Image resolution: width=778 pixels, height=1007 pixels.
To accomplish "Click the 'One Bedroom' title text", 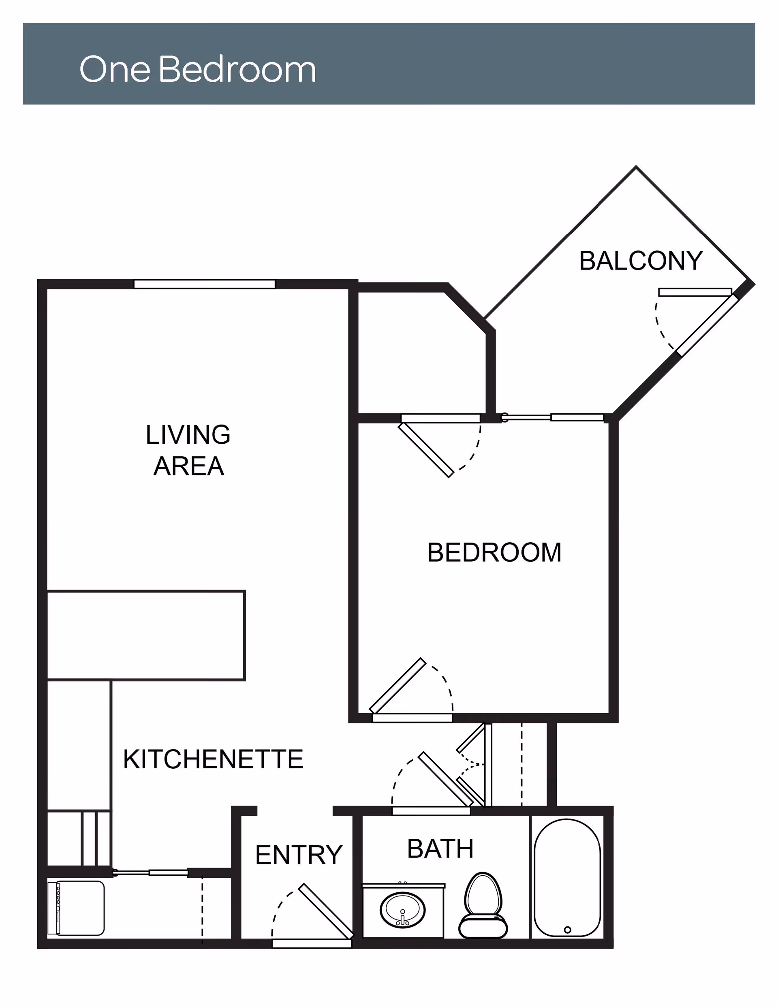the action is tap(198, 69).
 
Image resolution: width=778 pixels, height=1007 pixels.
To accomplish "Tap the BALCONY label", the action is tap(641, 261).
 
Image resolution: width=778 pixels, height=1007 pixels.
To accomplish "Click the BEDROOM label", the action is tap(494, 552).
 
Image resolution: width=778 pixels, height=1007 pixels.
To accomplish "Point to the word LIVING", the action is tap(188, 434).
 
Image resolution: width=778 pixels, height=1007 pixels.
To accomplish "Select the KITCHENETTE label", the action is tap(213, 759).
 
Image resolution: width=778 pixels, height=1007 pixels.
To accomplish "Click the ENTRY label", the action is tap(299, 855).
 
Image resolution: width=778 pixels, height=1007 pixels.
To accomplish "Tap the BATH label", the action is tap(440, 849).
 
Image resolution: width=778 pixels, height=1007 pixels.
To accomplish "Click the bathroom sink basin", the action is tap(403, 910).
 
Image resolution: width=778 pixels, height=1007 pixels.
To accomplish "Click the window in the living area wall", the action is tap(205, 284).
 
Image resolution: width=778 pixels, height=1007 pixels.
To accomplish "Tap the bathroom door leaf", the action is tap(445, 779).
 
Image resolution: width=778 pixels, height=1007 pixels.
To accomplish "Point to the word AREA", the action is tap(188, 466).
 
